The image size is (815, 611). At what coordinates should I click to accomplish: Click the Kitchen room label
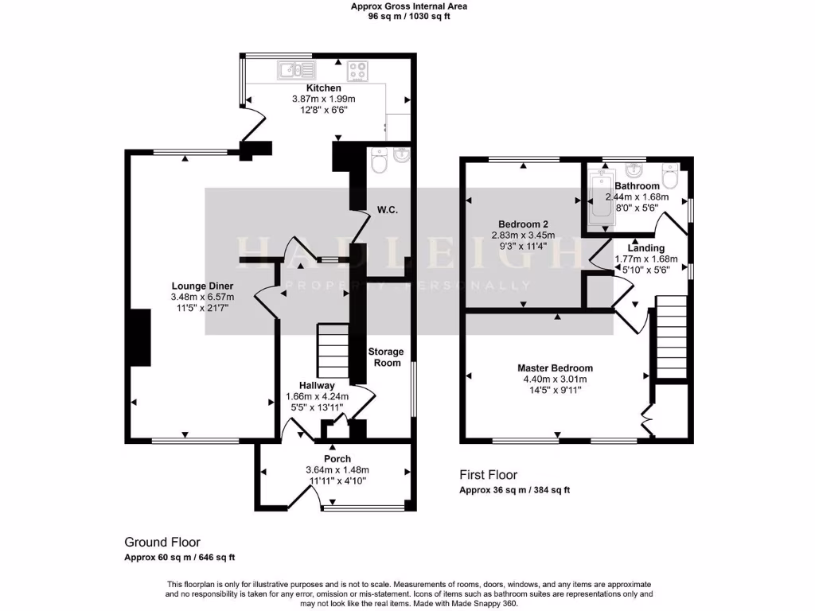324,88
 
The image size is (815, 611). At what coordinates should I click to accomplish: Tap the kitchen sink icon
296,70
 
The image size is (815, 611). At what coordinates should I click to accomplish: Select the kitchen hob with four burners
357,70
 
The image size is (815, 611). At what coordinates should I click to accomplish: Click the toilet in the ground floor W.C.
378,162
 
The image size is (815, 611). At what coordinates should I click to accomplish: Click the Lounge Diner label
200,286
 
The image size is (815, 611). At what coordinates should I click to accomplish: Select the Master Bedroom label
555,368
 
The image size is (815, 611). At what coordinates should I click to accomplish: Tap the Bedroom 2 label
523,224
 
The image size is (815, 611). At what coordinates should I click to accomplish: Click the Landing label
645,248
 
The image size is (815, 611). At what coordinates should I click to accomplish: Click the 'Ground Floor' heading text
162,542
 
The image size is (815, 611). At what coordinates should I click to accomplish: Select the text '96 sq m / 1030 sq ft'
408,17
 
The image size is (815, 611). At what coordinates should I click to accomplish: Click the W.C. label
387,210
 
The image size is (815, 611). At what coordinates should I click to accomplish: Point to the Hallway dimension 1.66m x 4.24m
317,397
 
